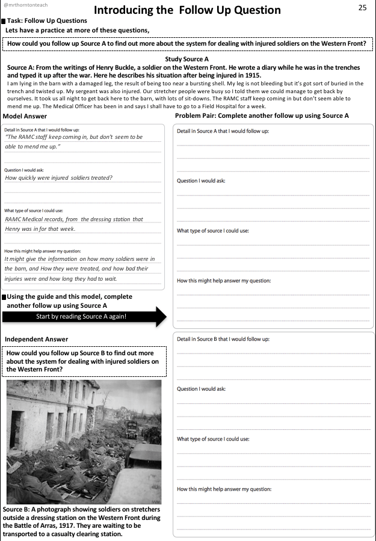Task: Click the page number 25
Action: [362, 8]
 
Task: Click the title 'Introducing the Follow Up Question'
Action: [187, 10]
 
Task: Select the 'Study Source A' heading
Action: [186, 60]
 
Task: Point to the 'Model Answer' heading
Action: [25, 116]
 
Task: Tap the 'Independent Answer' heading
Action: [36, 340]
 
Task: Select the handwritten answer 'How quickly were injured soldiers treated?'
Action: [59, 178]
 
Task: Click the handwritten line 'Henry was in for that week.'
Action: [40, 229]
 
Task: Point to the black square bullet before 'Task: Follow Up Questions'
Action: [4, 21]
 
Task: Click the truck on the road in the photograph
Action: [131, 429]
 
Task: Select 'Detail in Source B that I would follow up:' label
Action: [223, 339]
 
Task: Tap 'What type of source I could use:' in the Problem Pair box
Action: [213, 231]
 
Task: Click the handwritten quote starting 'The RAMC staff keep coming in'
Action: [74, 137]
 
